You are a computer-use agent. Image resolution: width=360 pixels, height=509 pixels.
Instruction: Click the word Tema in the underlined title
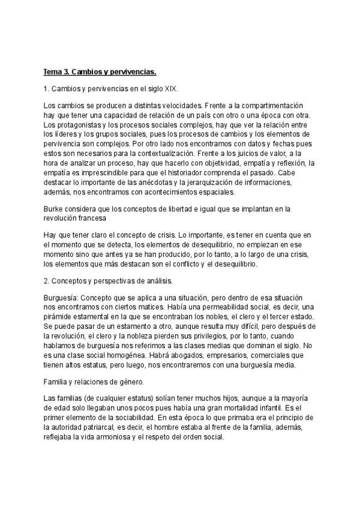[53, 73]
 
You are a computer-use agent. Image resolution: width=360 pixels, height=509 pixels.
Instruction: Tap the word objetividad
[182, 163]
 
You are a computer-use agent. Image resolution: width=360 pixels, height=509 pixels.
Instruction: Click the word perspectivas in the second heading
[111, 281]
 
